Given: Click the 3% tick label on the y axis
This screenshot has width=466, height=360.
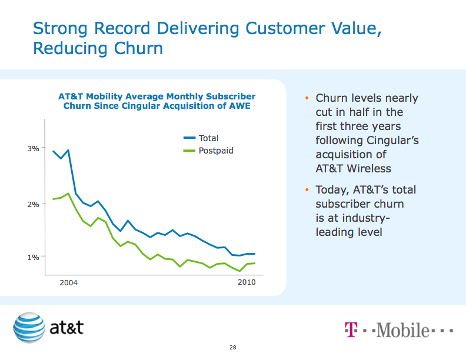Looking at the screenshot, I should coord(33,149).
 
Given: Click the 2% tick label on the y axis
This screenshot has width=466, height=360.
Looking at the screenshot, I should coord(33,204).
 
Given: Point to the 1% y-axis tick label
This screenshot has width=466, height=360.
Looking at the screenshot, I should coord(33,257).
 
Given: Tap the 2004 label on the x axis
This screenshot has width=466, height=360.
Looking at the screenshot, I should coord(69,283).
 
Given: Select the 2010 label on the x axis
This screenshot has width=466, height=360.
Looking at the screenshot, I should coord(247,283).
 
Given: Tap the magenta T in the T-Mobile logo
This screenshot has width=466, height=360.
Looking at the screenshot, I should coord(350,329).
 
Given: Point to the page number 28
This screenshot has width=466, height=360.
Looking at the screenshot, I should coord(233,348).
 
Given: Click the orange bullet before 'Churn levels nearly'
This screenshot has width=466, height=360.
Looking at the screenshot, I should coord(307,98).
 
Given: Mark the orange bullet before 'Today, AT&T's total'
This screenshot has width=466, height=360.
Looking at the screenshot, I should coord(307,190).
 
